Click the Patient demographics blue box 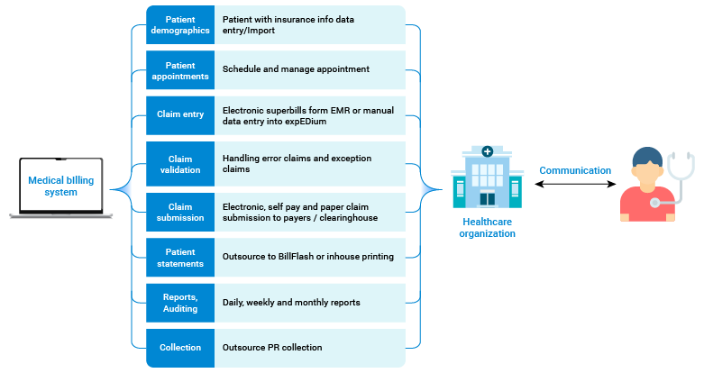pos(180,24)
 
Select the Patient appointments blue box pos(180,70)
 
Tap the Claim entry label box pos(180,114)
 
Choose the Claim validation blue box pos(180,163)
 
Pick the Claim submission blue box pos(180,212)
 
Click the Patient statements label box pos(180,257)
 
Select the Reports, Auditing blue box pos(180,303)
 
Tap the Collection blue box pos(180,347)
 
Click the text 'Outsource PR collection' pos(272,347)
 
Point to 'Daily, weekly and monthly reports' pos(291,303)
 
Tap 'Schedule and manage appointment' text pos(296,68)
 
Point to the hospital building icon pos(487,177)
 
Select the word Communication pos(575,170)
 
